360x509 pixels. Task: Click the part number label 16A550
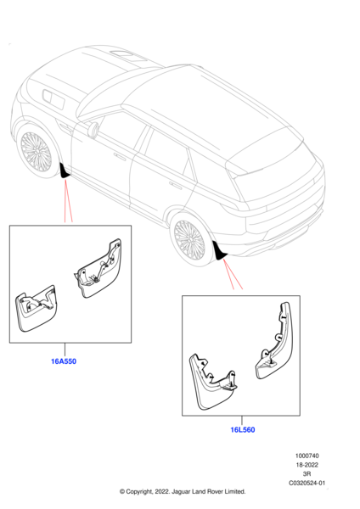[x=64, y=361]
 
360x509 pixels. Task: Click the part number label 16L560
[x=243, y=430]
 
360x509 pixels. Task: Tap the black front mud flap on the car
[x=64, y=171]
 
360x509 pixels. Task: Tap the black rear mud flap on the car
[x=219, y=252]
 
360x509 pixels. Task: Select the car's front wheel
[x=36, y=152]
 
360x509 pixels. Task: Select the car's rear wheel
[x=189, y=239]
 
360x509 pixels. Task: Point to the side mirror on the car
[x=93, y=130]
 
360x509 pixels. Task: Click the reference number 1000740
[x=307, y=456]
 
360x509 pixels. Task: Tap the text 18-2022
[x=307, y=465]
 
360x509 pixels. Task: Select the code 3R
[x=307, y=474]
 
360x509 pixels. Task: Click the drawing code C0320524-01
[x=307, y=483]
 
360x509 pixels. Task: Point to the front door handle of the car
[x=120, y=157]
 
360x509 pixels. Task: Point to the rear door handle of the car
[x=176, y=186]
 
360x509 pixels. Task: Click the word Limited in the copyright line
[x=234, y=492]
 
